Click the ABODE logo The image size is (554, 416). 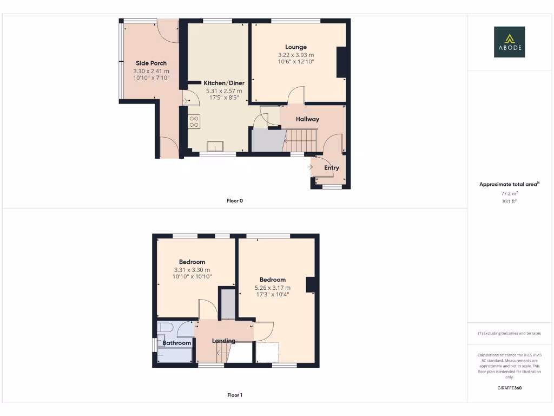(x=509, y=42)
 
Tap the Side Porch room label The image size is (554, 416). (x=151, y=63)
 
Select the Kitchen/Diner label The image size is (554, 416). (x=224, y=83)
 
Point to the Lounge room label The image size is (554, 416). (x=296, y=47)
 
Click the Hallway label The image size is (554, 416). (x=307, y=119)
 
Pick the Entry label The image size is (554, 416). (x=332, y=168)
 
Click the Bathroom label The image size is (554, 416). (x=177, y=343)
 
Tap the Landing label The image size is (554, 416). (x=223, y=341)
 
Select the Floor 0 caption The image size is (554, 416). (x=235, y=201)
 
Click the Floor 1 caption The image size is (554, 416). (x=235, y=395)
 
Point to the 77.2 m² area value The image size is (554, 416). (x=509, y=193)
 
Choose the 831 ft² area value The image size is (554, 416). (x=509, y=201)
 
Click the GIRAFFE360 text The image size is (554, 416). (x=509, y=388)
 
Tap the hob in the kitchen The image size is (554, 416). (x=194, y=121)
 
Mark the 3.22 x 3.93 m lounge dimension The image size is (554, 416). (x=296, y=55)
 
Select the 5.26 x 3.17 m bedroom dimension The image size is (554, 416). (x=273, y=288)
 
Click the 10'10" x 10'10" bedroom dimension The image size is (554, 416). (x=192, y=277)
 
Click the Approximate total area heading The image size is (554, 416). (x=509, y=185)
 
